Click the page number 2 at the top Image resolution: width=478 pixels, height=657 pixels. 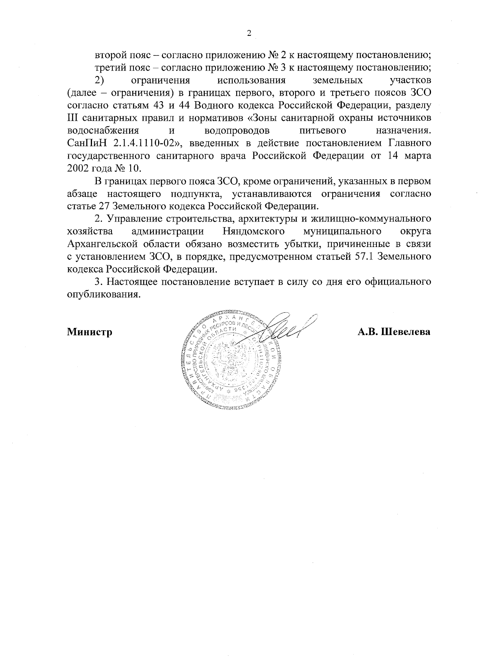(249, 33)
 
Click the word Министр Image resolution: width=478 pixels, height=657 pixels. (90, 331)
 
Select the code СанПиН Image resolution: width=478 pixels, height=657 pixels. (85, 143)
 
